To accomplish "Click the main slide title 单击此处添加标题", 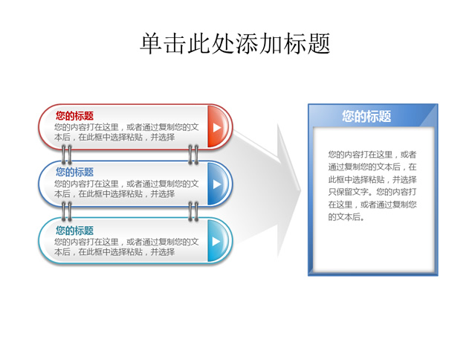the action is click(235, 44).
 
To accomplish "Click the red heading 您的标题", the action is click(74, 116).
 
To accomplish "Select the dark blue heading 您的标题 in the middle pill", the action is click(74, 172).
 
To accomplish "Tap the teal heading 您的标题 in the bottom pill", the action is click(74, 231).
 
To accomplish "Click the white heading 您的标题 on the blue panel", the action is click(366, 116).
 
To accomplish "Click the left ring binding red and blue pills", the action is click(66, 155).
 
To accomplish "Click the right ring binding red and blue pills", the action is click(193, 155).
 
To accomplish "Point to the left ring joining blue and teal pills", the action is click(66, 211).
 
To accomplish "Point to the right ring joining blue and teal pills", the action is click(193, 211).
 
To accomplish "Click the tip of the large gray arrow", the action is click(301, 190).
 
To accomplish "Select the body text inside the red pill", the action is click(126, 132).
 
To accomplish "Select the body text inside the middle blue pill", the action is click(126, 189).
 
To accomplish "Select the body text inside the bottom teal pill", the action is click(126, 247).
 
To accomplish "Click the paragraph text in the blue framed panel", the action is click(372, 185).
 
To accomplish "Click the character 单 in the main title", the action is click(151, 44).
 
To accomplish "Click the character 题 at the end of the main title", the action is click(319, 44).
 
